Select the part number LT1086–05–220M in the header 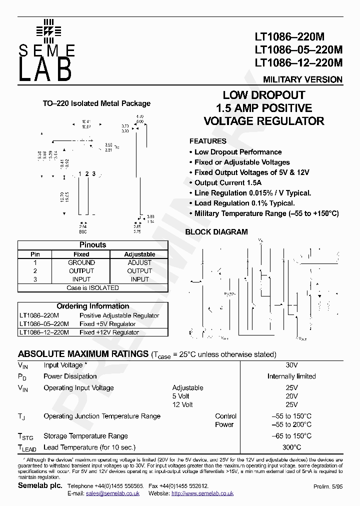pyautogui.click(x=298, y=50)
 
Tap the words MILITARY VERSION pyautogui.click(x=302, y=79)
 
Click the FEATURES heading pyautogui.click(x=207, y=141)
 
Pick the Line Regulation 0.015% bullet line pyautogui.click(x=252, y=193)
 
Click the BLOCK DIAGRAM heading pyautogui.click(x=216, y=232)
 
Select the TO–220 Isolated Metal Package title pyautogui.click(x=96, y=103)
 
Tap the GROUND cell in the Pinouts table pyautogui.click(x=81, y=262)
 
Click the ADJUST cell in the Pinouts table pyautogui.click(x=139, y=262)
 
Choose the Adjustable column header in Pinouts pyautogui.click(x=139, y=254)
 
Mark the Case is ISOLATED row pyautogui.click(x=93, y=288)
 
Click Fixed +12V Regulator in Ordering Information pyautogui.click(x=109, y=332)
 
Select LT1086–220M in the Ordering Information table pyautogui.click(x=39, y=315)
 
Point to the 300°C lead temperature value pyautogui.click(x=291, y=447)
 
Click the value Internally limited pyautogui.click(x=291, y=376)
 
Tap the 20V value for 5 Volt pyautogui.click(x=291, y=396)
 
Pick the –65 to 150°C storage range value pyautogui.click(x=291, y=436)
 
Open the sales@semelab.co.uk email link pyautogui.click(x=112, y=493)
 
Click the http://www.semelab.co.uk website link pyautogui.click(x=202, y=493)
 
